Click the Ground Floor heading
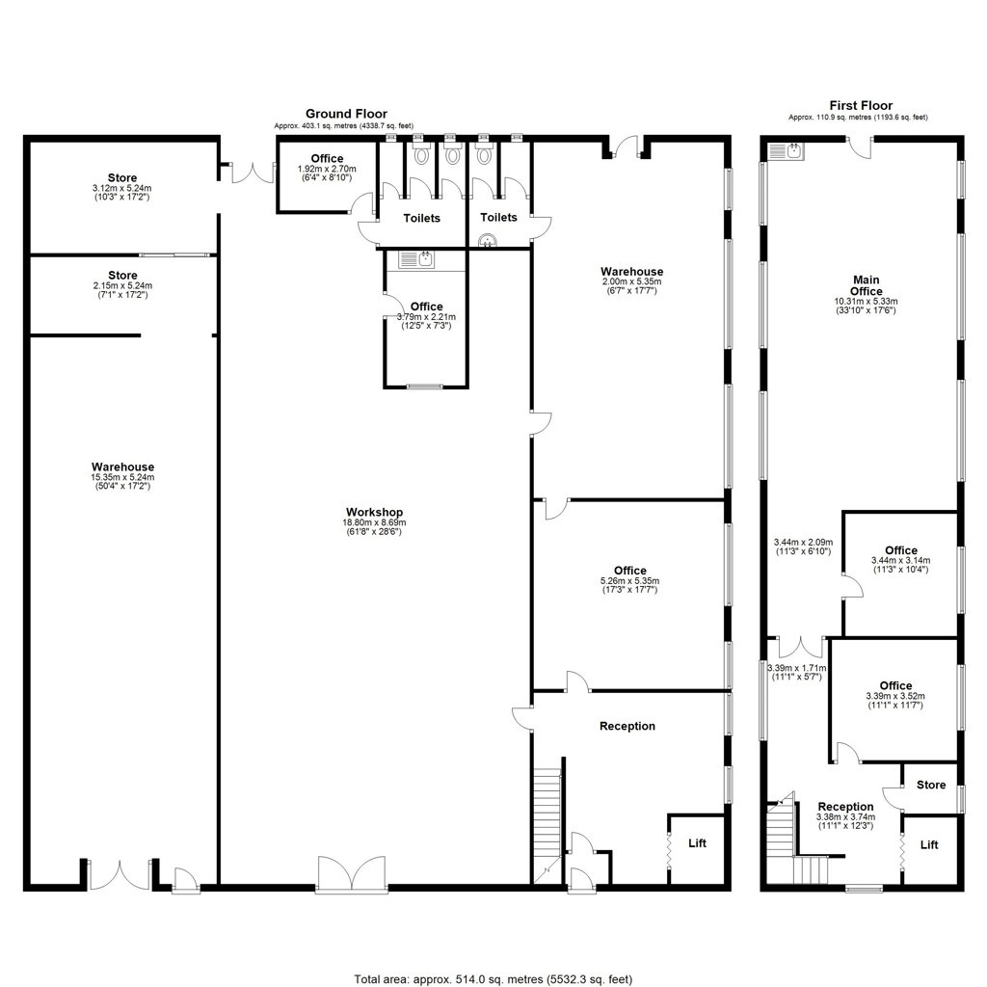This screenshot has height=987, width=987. [x=346, y=114]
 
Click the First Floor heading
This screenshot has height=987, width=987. [x=861, y=106]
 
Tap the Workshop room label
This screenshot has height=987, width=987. [x=375, y=513]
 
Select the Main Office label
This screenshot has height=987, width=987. [x=867, y=285]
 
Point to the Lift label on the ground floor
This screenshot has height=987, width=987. [x=698, y=842]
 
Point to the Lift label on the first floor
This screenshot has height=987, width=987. [x=929, y=844]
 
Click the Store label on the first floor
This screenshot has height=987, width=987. [x=931, y=785]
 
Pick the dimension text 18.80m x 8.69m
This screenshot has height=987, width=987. [x=375, y=522]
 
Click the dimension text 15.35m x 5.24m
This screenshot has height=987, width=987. [x=122, y=477]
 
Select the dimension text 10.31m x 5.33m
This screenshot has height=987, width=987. [x=867, y=301]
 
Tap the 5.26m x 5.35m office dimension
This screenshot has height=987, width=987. [x=630, y=581]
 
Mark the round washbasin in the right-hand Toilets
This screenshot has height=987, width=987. [x=487, y=240]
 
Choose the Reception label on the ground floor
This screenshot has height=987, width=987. [x=627, y=726]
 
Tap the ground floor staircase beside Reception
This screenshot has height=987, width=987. [x=547, y=825]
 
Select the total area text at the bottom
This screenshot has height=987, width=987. [x=493, y=979]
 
